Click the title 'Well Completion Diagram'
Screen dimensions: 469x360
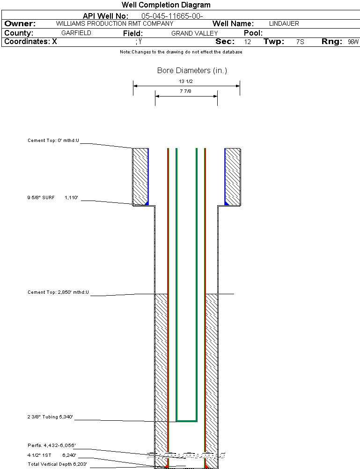click(166, 5)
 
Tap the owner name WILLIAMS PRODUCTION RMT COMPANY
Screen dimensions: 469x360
click(114, 23)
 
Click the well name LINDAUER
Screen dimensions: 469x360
click(284, 23)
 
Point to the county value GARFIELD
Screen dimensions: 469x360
click(76, 33)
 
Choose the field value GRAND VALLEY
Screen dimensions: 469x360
click(195, 33)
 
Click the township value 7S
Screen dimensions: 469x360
click(300, 42)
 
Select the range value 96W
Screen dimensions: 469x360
click(353, 42)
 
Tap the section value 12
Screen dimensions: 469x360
click(248, 42)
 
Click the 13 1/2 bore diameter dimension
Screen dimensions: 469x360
click(186, 81)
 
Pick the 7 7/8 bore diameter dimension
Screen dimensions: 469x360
click(186, 91)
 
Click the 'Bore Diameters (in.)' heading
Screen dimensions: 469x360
click(192, 71)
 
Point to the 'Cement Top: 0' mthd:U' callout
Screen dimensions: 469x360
click(53, 140)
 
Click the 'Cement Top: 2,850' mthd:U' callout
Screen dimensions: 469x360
click(58, 292)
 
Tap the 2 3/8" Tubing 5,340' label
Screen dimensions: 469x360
click(51, 417)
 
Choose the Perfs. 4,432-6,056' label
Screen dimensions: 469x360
click(51, 445)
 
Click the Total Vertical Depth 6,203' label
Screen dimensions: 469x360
click(57, 464)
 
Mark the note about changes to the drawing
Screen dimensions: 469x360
click(181, 52)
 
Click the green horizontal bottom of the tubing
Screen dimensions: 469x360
click(186, 421)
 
